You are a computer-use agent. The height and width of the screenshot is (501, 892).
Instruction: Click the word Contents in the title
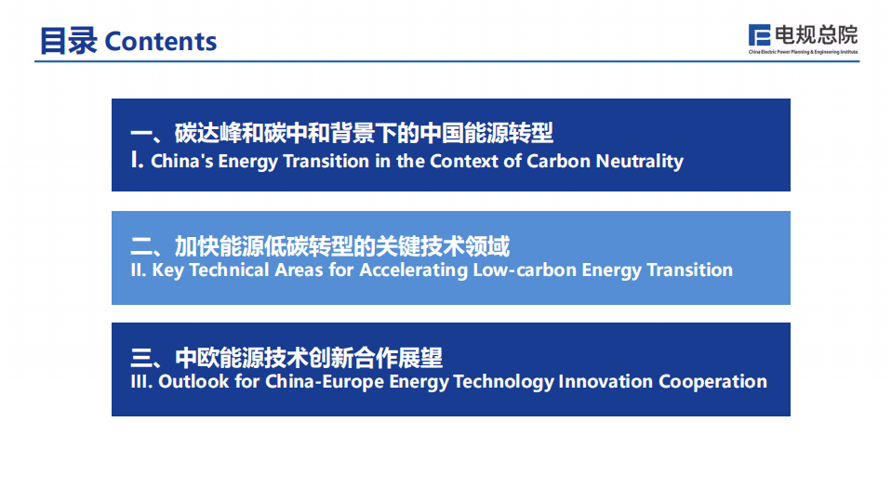pyautogui.click(x=160, y=42)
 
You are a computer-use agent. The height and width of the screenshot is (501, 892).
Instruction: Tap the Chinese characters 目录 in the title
pyautogui.click(x=68, y=41)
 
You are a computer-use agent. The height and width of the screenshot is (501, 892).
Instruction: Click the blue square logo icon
pyautogui.click(x=759, y=34)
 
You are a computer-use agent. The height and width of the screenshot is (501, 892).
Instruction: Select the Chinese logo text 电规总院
pyautogui.click(x=816, y=34)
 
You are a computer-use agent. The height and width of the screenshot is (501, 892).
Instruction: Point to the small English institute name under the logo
pyautogui.click(x=803, y=52)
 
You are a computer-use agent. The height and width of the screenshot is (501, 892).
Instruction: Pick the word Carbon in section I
pyautogui.click(x=559, y=161)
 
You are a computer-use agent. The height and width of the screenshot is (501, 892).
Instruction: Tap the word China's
pyautogui.click(x=182, y=161)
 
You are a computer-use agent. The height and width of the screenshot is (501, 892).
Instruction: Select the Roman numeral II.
pyautogui.click(x=139, y=270)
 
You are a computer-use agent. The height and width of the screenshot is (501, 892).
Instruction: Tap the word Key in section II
pyautogui.click(x=167, y=270)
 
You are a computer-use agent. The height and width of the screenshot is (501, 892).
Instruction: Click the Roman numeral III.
pyautogui.click(x=141, y=382)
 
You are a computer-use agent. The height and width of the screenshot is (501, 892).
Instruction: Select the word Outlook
pyautogui.click(x=193, y=382)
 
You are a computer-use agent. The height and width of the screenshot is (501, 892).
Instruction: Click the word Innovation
pyautogui.click(x=606, y=382)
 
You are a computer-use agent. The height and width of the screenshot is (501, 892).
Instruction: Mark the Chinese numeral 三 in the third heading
pyautogui.click(x=141, y=358)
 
